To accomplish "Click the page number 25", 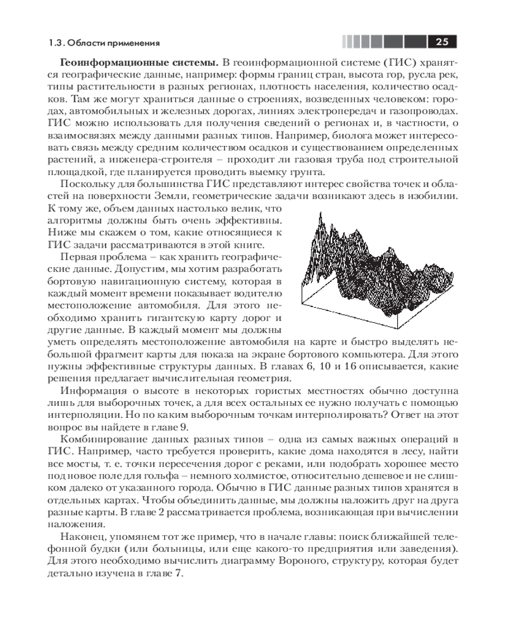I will [441, 42].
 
